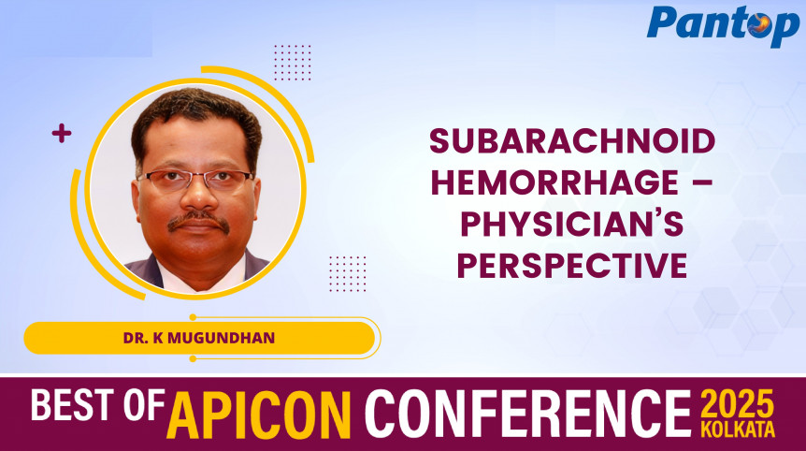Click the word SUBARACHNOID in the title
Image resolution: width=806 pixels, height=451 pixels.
point(572,141)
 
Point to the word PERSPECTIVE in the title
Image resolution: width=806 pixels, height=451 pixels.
point(571,266)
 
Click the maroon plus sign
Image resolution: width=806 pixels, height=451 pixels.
point(62,134)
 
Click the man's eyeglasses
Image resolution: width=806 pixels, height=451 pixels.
point(196,179)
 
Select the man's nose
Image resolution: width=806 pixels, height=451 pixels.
point(197,197)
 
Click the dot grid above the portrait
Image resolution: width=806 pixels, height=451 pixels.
point(293,63)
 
